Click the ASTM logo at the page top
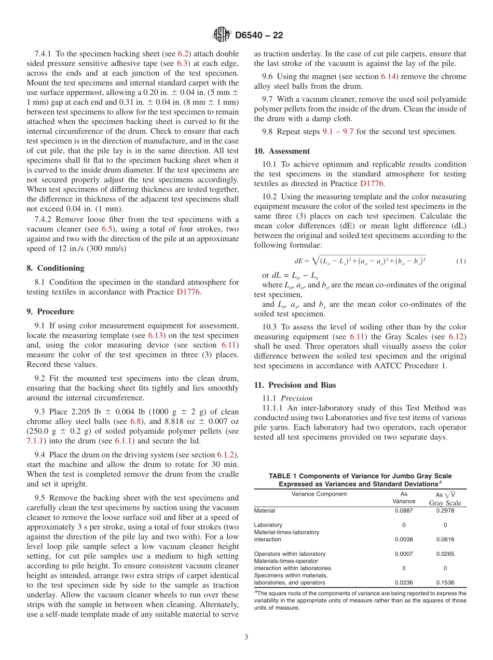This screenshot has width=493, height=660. coord(221,35)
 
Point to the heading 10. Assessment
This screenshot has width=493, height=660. coord(282,151)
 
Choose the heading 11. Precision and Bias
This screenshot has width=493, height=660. coord(295,385)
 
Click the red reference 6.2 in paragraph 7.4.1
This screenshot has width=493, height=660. coord(183,53)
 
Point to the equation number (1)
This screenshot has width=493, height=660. coord(461,261)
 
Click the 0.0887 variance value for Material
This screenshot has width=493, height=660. coord(404,511)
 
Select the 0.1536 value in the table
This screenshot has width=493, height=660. coord(445,582)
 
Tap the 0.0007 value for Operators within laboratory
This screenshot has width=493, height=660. coord(404,554)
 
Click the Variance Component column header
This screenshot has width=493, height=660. coord(319,494)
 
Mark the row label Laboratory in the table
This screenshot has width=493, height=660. coord(268,525)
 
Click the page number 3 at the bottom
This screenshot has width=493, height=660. coord(246,637)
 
